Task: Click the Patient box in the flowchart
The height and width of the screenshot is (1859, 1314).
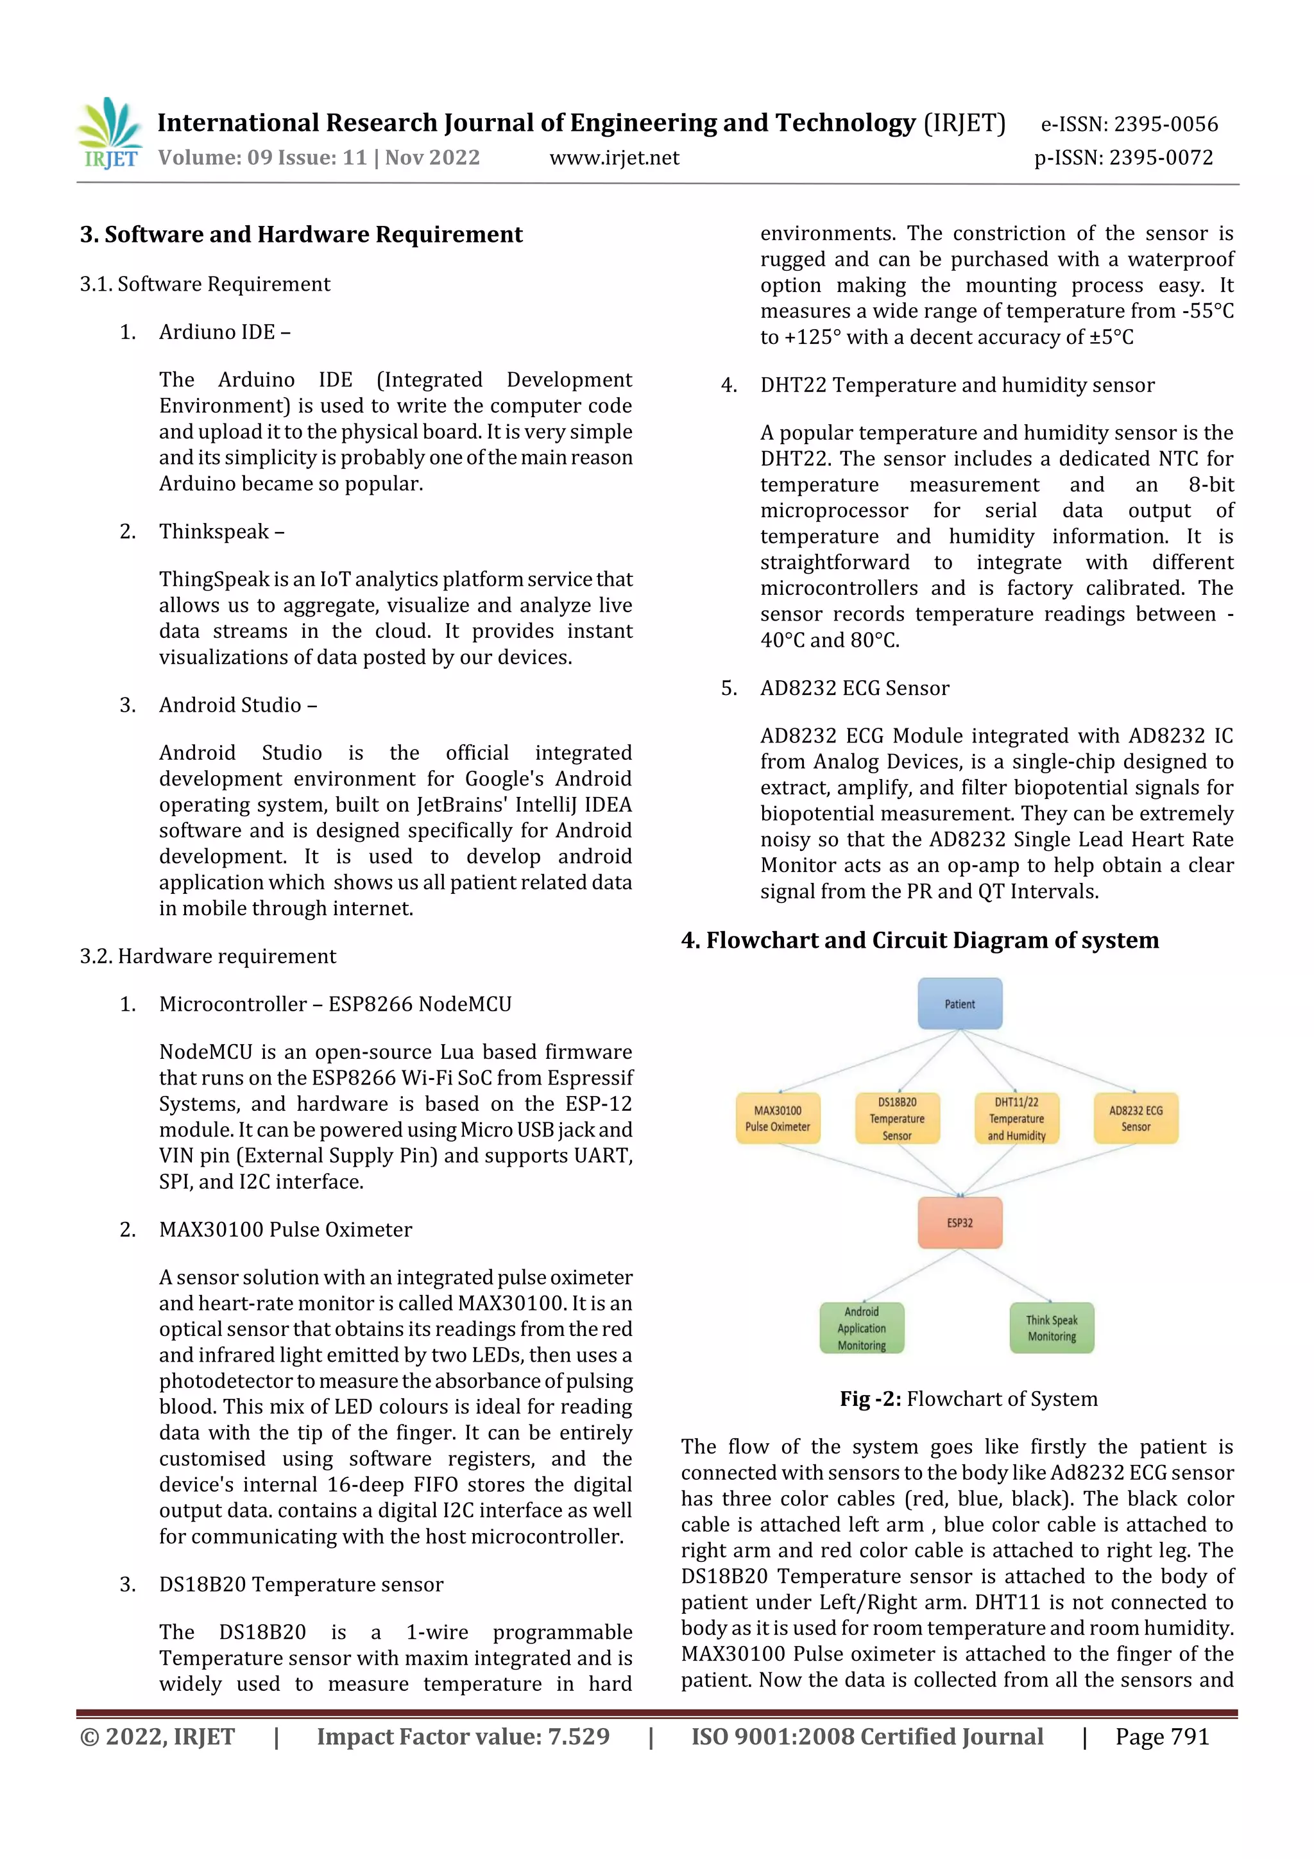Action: pyautogui.click(x=959, y=1004)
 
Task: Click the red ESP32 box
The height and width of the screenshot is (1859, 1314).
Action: pyautogui.click(x=959, y=1222)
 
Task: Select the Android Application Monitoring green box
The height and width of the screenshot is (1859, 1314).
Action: pyautogui.click(x=862, y=1328)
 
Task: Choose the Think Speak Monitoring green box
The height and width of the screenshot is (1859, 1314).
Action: pyautogui.click(x=1052, y=1328)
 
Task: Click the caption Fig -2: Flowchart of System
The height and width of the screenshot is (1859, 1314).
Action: pyautogui.click(x=968, y=1399)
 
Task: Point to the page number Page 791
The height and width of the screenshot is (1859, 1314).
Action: pyautogui.click(x=1162, y=1736)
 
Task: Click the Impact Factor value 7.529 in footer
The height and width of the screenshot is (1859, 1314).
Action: pyautogui.click(x=463, y=1736)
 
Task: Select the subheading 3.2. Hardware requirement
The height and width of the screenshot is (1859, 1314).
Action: pyautogui.click(x=207, y=956)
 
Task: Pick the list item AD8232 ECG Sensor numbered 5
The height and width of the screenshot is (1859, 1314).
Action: pyautogui.click(x=854, y=688)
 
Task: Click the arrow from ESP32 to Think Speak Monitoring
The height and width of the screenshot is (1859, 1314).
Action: pyautogui.click(x=1006, y=1275)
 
